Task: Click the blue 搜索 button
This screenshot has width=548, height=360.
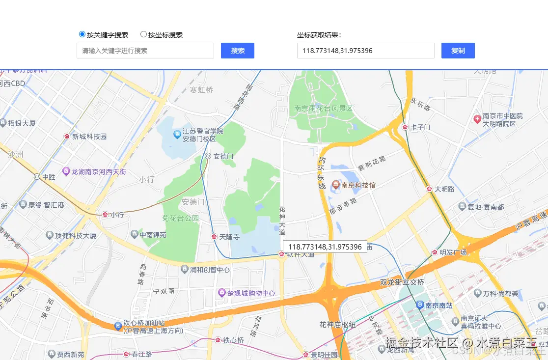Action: [x=238, y=51]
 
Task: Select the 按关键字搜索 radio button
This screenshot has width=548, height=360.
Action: [x=82, y=34]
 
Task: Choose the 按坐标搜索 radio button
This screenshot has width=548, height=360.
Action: [x=143, y=34]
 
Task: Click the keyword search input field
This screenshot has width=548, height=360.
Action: [x=145, y=51]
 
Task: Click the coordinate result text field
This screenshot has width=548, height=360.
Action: [x=365, y=51]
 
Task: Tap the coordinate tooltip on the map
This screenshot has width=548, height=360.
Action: [x=325, y=247]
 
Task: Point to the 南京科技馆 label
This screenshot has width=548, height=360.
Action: [x=358, y=185]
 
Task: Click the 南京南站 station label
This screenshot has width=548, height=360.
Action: [x=438, y=305]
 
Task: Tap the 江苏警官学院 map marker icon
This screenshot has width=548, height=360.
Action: [x=177, y=134]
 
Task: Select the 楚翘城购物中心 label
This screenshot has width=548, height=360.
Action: [x=250, y=293]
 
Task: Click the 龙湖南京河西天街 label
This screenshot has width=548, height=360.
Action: [x=99, y=171]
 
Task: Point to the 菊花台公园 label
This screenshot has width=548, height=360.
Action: [x=180, y=218]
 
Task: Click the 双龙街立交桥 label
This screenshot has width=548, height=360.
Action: [x=402, y=282]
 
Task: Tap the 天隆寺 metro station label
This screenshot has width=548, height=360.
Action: [x=229, y=237]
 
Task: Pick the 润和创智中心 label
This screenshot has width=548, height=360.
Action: [x=210, y=270]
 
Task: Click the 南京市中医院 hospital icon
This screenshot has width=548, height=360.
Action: [x=477, y=119]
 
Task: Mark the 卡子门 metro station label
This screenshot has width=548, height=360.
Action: [x=420, y=127]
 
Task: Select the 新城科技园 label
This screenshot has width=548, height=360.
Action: [x=89, y=137]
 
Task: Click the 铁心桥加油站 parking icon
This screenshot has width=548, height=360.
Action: [x=118, y=326]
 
